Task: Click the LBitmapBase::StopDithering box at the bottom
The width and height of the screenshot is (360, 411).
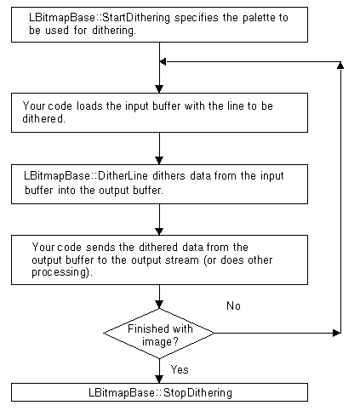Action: (x=159, y=393)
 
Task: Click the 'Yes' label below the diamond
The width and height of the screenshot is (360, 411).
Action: (x=180, y=369)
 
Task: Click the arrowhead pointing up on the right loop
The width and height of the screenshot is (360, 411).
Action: (x=341, y=66)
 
